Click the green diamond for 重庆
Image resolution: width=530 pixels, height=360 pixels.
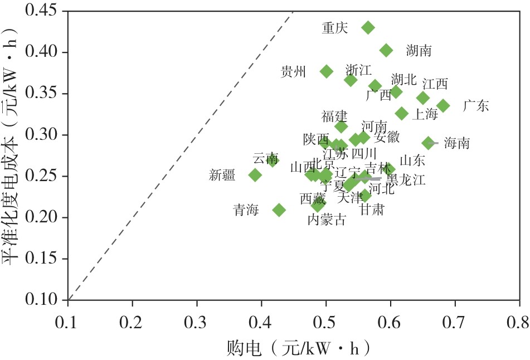[x=368, y=27]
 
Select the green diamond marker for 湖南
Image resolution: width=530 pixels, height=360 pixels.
[x=386, y=50]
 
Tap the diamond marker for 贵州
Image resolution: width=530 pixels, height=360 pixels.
[x=327, y=71]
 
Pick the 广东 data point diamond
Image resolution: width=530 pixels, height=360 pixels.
[x=443, y=106]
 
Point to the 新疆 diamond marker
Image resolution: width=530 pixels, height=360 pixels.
[x=255, y=175]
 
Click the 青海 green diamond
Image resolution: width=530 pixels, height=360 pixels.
[x=279, y=210]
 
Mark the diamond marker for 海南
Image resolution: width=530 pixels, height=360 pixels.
[x=428, y=143]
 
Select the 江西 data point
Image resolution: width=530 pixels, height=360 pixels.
[x=423, y=98]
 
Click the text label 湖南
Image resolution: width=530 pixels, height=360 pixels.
[x=419, y=51]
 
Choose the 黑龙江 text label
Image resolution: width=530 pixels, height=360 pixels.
[x=406, y=180]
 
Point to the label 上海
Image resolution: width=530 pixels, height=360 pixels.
[x=425, y=115]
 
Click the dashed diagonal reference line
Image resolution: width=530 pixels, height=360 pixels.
[x=178, y=156]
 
